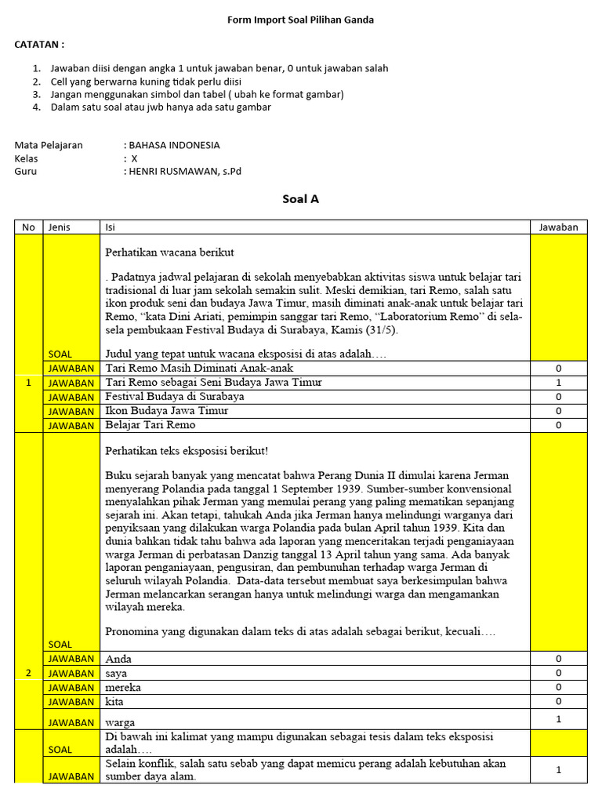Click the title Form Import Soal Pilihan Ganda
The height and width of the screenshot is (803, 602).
tap(300, 20)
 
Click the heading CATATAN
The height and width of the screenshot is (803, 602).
tap(39, 45)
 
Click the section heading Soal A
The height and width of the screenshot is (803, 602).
tap(300, 199)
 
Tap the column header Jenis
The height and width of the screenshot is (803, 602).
tap(60, 227)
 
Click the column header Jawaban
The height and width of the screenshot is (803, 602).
tap(558, 227)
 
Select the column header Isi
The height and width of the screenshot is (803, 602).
tap(110, 227)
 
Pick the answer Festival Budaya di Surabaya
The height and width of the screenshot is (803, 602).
tap(174, 397)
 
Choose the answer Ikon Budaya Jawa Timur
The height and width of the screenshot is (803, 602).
tap(166, 411)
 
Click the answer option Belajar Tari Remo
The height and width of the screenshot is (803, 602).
tap(150, 425)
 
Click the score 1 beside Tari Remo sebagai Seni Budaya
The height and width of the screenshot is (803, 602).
tap(558, 383)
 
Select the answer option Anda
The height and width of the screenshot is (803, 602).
tap(118, 659)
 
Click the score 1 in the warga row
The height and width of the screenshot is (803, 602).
tap(558, 719)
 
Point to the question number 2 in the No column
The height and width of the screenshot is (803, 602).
tap(28, 673)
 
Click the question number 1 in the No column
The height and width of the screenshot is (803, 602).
tap(28, 383)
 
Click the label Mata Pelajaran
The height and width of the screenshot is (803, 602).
tap(49, 145)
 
